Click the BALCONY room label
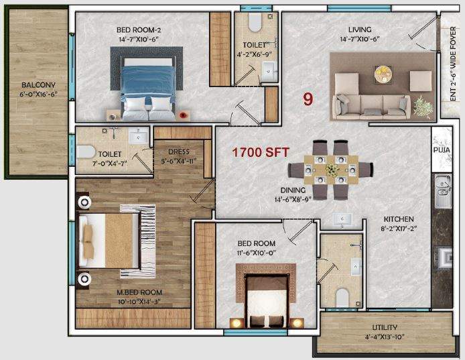(34, 85)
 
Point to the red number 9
(308, 99)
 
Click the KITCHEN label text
(398, 219)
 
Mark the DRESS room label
(180, 152)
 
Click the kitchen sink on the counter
(443, 190)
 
